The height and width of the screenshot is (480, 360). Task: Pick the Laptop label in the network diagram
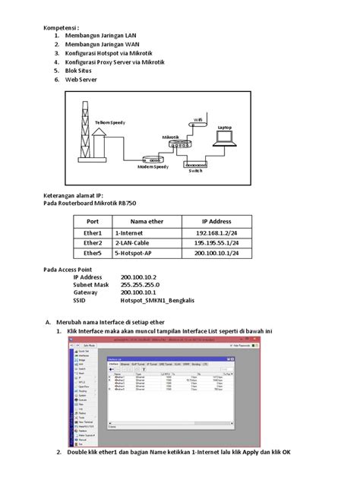click(225, 127)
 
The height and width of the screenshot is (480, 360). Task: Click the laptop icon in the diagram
click(226, 140)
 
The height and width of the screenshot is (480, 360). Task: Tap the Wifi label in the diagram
click(198, 118)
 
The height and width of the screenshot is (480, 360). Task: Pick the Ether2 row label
click(93, 244)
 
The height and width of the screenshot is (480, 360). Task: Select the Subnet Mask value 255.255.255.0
click(143, 285)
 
